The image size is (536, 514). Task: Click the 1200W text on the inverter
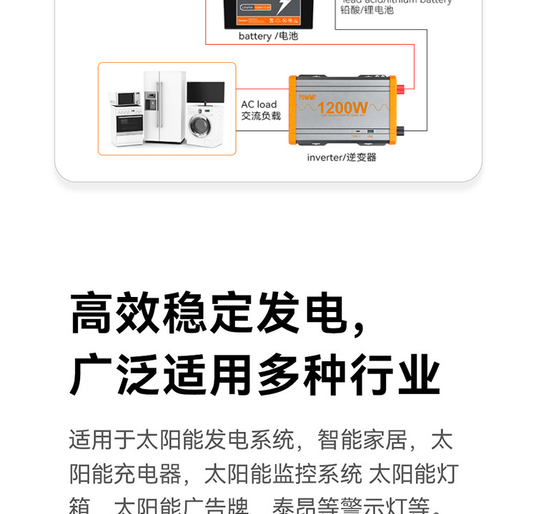tap(342, 109)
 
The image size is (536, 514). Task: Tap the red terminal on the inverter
tap(399, 89)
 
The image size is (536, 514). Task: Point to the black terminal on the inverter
tap(399, 130)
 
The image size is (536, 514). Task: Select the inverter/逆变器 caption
tap(342, 157)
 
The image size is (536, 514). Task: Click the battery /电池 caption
tap(268, 36)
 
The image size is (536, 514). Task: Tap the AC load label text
tap(259, 104)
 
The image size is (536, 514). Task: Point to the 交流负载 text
tap(260, 116)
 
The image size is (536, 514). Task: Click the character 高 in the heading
tap(92, 313)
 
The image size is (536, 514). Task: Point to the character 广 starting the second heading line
tap(92, 374)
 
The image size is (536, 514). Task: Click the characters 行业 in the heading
tap(394, 374)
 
